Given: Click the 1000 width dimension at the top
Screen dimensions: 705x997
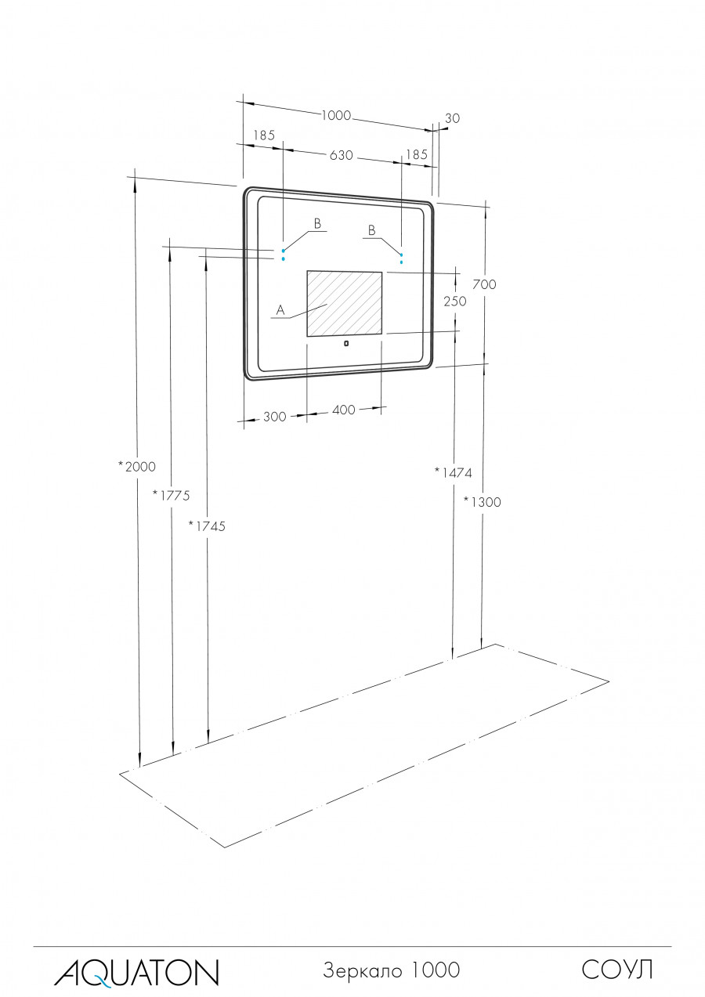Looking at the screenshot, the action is tap(336, 115).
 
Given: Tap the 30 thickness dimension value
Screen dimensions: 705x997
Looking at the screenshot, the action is tap(452, 118).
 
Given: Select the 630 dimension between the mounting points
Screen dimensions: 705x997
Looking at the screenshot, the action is tap(342, 155).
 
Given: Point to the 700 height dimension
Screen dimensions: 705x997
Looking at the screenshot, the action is tap(484, 284).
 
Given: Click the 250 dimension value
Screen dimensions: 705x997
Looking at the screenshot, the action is tap(455, 302).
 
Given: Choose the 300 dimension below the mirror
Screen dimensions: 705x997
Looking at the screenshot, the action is tap(275, 417).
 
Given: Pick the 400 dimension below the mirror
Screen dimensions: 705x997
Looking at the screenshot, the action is tap(344, 410).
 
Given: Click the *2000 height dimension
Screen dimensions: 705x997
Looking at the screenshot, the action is tap(137, 467).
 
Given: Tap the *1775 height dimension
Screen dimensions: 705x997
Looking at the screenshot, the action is tap(172, 495).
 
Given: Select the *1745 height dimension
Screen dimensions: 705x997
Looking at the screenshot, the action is tap(207, 526).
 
